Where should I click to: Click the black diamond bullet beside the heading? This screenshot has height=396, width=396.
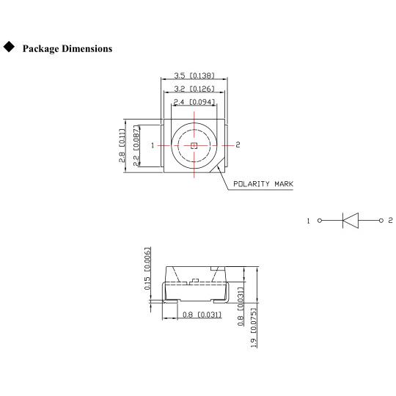(x=9, y=47)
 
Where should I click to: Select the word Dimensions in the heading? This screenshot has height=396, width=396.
(x=87, y=48)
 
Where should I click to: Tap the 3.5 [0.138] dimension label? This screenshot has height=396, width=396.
(x=194, y=76)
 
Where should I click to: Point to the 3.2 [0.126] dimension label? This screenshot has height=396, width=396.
(x=194, y=89)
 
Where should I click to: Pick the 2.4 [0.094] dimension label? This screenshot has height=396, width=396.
(x=194, y=102)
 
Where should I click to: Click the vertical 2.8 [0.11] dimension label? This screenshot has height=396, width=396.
(x=122, y=145)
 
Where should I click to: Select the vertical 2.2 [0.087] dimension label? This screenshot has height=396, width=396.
(x=136, y=146)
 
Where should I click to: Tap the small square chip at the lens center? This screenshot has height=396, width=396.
(x=194, y=145)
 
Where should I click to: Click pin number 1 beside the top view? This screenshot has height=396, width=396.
(x=153, y=145)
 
